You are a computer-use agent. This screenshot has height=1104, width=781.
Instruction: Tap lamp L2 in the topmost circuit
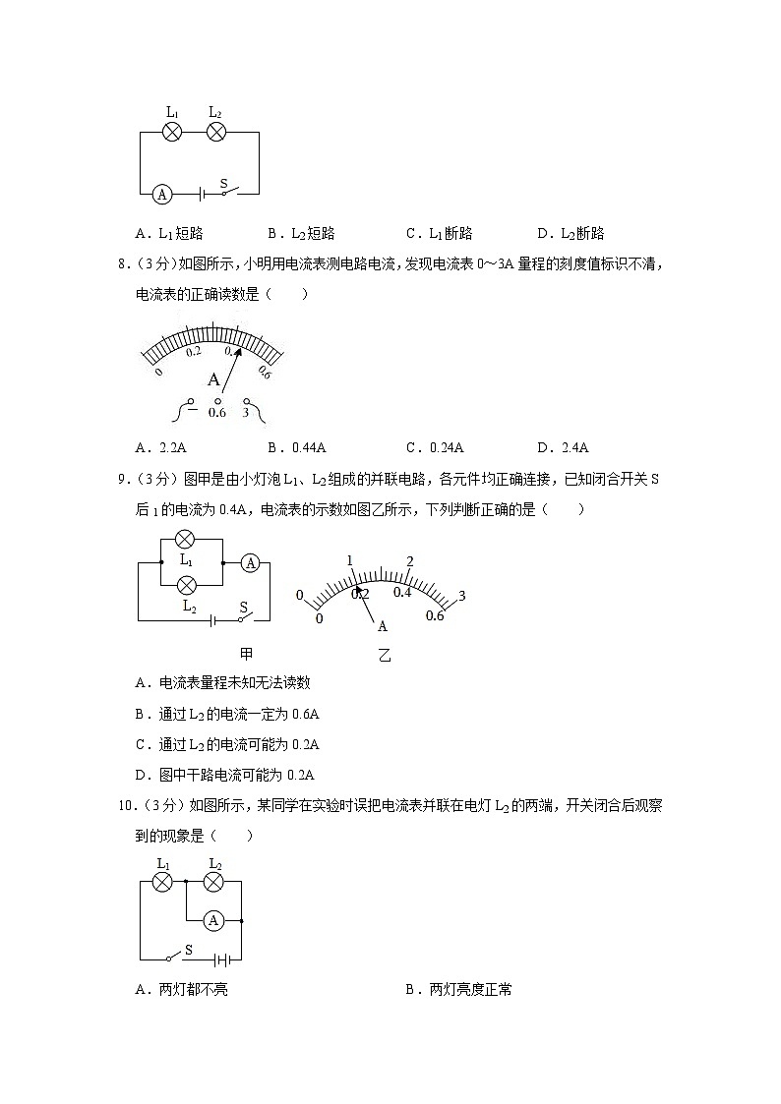tap(216, 133)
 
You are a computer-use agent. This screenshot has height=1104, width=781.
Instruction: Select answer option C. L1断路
tap(439, 234)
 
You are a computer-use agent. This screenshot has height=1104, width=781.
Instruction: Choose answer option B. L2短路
tap(301, 234)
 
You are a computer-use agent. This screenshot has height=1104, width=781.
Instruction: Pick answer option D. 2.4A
tap(563, 448)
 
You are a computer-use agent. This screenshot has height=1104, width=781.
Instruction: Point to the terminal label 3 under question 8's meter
tap(245, 413)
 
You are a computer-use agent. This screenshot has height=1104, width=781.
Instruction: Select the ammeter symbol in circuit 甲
tap(251, 563)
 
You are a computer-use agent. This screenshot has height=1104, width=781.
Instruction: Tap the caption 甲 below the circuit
tap(246, 653)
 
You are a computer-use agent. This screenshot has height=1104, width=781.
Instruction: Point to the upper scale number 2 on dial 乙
tap(410, 561)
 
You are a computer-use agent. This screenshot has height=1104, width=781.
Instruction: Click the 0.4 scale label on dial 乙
tap(402, 592)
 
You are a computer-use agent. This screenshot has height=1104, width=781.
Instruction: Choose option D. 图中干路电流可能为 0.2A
tap(231, 775)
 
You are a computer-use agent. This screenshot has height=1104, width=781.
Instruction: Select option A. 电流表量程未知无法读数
tap(222, 683)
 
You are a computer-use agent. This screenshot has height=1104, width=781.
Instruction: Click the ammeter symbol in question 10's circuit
tap(210, 920)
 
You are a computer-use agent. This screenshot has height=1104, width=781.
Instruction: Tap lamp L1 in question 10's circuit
tap(162, 882)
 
